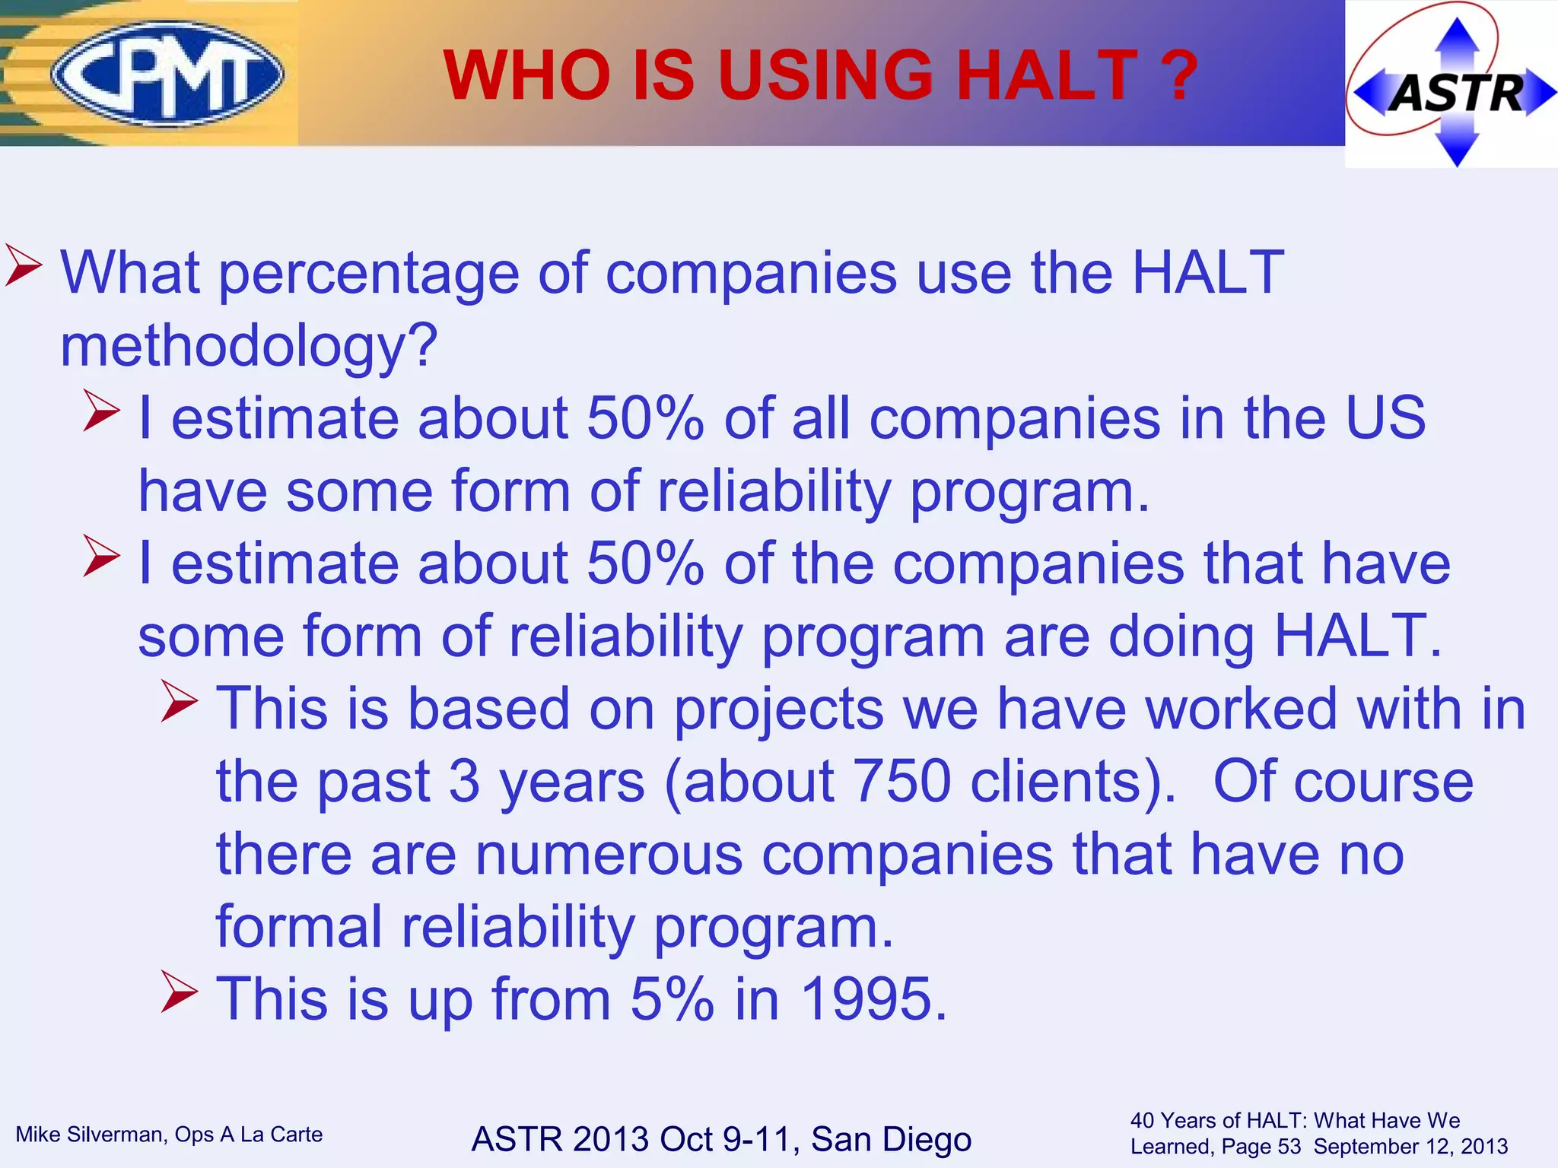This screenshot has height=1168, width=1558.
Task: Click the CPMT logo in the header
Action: click(167, 74)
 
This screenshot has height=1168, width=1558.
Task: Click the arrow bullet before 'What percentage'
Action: click(24, 265)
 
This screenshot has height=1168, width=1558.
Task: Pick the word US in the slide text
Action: click(1385, 417)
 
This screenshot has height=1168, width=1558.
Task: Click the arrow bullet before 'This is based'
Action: click(180, 701)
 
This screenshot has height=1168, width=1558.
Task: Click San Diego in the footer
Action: click(891, 1139)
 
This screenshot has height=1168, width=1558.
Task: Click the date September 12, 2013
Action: click(1410, 1146)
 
